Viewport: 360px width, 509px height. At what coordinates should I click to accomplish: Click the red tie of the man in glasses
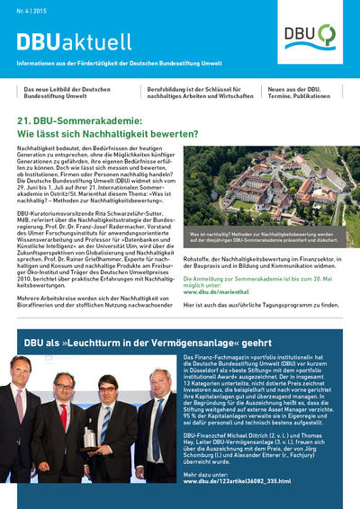(x=64, y=416)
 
